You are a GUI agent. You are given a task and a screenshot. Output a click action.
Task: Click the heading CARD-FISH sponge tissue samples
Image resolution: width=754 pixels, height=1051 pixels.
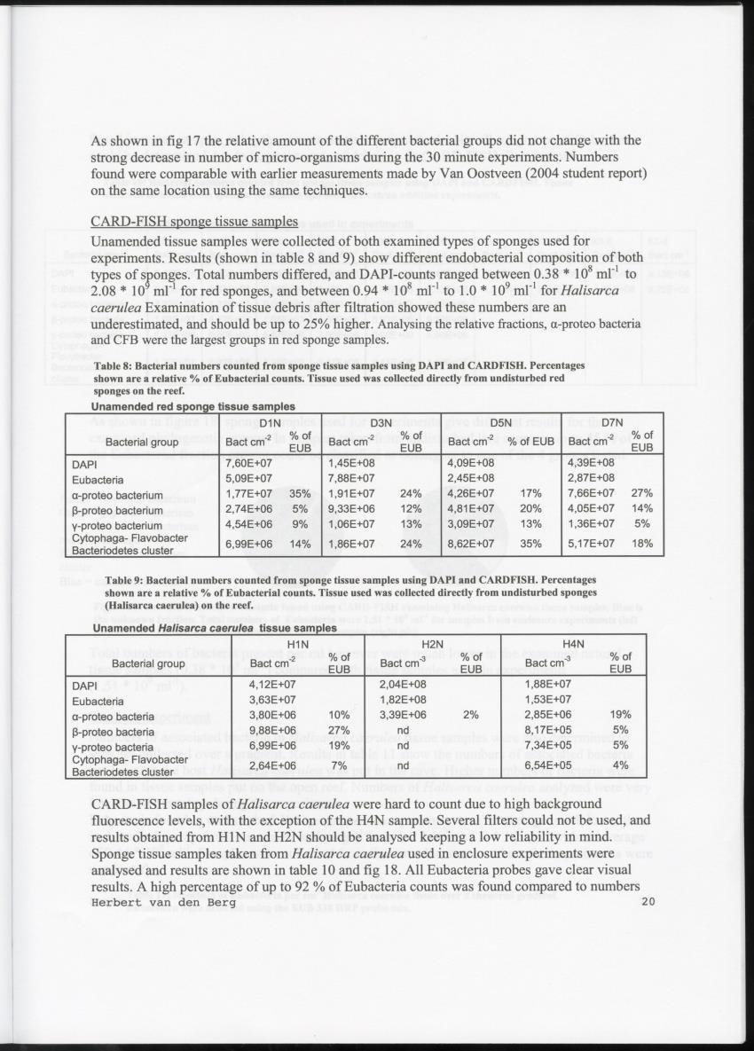[x=194, y=222]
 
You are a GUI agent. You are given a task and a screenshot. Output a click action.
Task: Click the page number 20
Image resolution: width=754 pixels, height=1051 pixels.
[x=646, y=903]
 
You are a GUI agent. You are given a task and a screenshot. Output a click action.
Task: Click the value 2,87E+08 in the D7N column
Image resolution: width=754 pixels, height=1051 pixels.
[x=591, y=479]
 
